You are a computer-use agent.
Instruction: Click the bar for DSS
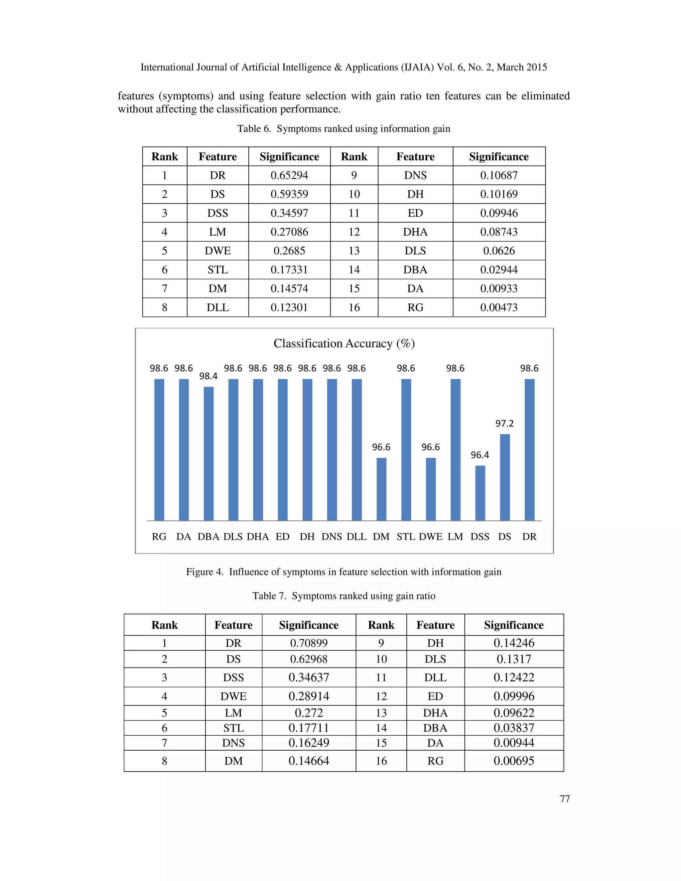pos(480,493)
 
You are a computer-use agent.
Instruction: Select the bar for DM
pos(381,489)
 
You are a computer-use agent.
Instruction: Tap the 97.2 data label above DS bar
pos(504,423)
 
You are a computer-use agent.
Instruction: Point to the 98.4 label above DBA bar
pos(208,376)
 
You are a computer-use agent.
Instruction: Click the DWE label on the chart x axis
pos(431,537)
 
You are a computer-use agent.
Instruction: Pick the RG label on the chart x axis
pos(159,537)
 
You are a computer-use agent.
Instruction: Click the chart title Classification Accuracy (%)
pos(344,343)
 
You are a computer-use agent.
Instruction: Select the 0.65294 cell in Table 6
pos(289,176)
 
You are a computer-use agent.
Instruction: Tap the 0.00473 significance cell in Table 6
pos(499,308)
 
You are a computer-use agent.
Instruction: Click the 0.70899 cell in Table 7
pos(309,643)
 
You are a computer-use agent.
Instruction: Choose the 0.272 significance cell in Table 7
pos(309,713)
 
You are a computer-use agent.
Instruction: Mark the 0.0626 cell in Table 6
pos(499,251)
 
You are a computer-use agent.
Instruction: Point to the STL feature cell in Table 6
pos(217,270)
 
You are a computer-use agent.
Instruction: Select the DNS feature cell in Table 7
pos(233,743)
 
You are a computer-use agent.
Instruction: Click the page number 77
pos(564,799)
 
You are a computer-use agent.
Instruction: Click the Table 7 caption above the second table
pos(344,596)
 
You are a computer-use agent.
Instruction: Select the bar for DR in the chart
pos(529,450)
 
